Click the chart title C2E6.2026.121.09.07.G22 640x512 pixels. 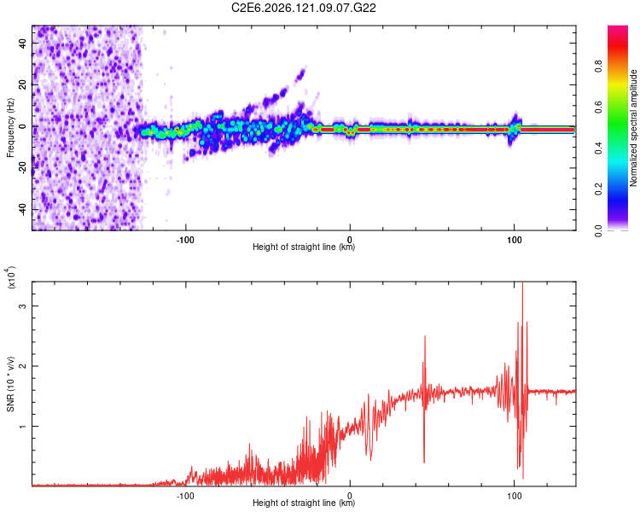coord(303,8)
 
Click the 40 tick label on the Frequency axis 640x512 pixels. coord(23,44)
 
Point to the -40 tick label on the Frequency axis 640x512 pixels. coord(23,209)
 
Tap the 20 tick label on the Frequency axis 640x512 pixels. coord(23,85)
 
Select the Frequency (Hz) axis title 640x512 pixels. coord(10,128)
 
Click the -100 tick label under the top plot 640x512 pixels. coord(185,240)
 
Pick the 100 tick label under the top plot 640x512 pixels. coord(515,240)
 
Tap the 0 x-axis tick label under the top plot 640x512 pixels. coord(350,240)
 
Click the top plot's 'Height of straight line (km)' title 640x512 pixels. coord(304,247)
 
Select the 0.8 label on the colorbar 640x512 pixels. coord(598,66)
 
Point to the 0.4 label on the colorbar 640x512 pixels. coord(598,148)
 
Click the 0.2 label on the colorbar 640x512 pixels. coord(598,189)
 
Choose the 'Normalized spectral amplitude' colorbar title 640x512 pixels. coord(633,128)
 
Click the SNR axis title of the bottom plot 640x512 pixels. coord(10,384)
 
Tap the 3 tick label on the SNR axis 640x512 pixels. coord(23,305)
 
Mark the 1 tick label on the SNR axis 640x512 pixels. coord(23,427)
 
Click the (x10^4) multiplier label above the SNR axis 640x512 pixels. coord(11,277)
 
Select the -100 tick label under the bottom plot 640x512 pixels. coord(185,496)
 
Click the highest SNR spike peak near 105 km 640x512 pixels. coord(523,282)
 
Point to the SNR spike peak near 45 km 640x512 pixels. coord(425,336)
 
